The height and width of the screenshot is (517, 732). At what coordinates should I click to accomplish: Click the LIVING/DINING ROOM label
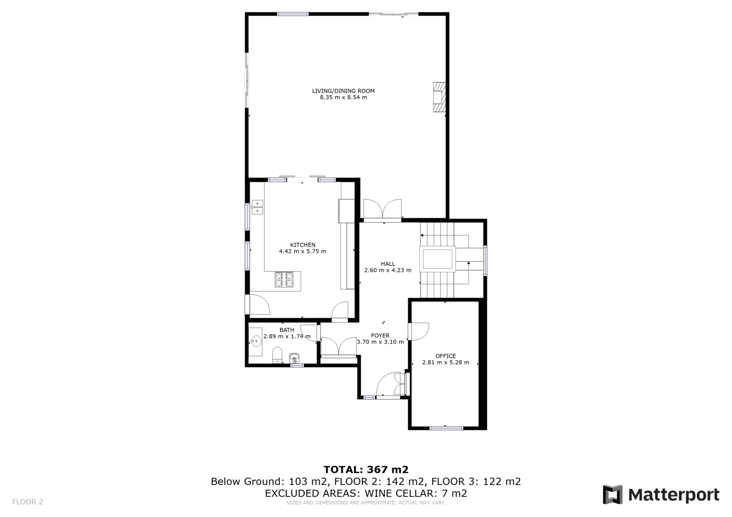[343, 91]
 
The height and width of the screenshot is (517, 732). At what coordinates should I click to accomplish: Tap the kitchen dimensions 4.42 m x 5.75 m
[302, 251]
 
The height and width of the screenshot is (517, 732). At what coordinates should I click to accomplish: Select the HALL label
[388, 264]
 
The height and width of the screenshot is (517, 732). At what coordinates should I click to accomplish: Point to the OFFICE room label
[446, 356]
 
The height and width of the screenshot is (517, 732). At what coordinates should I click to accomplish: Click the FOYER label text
[380, 336]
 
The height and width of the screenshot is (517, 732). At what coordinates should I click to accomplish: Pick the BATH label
[286, 330]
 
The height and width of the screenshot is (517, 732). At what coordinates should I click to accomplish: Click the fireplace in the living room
[439, 97]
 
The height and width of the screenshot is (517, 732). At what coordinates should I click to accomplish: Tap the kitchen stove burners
[284, 279]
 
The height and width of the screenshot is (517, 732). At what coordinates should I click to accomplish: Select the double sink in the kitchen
[258, 207]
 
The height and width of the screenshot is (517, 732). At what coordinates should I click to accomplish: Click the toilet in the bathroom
[277, 355]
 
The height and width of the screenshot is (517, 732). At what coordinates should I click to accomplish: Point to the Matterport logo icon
[613, 495]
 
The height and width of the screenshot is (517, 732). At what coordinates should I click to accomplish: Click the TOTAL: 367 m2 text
[366, 469]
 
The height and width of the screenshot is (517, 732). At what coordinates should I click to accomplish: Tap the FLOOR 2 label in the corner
[27, 501]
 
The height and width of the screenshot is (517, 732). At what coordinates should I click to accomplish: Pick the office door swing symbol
[419, 331]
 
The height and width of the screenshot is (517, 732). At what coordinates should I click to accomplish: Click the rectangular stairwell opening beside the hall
[437, 259]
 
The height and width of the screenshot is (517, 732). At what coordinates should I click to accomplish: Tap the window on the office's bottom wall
[446, 428]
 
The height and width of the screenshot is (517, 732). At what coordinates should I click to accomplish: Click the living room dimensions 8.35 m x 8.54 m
[344, 97]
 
